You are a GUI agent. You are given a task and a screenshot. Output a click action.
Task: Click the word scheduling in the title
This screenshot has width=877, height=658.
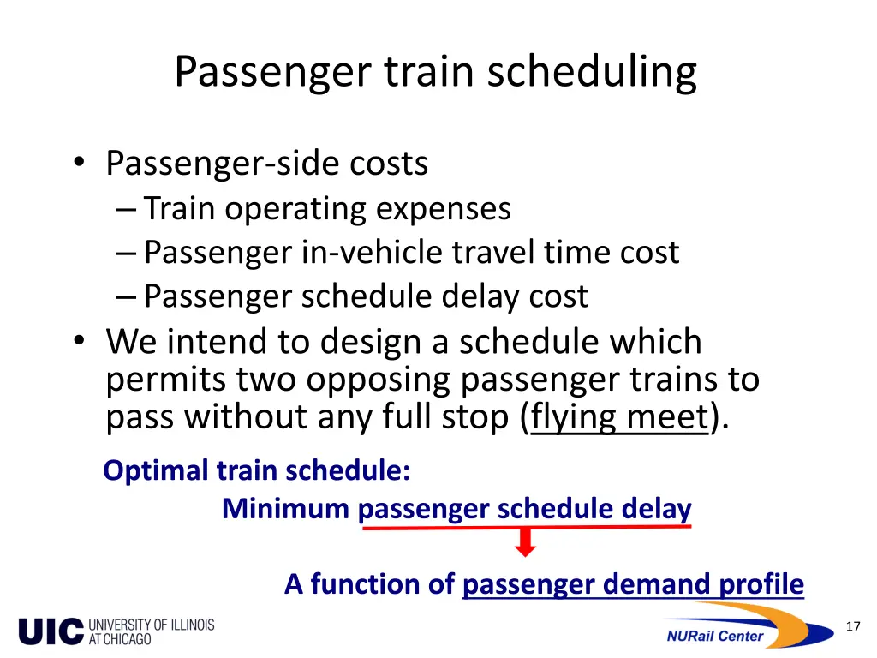pyautogui.click(x=592, y=73)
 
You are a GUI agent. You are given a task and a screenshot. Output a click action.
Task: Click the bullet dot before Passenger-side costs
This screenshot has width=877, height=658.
pyautogui.click(x=80, y=163)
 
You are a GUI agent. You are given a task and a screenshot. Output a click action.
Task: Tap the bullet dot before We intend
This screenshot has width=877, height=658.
pyautogui.click(x=80, y=342)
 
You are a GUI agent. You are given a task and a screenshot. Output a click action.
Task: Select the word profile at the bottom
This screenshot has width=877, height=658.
pyautogui.click(x=761, y=584)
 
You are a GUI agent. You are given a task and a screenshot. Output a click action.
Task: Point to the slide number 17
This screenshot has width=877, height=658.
pyautogui.click(x=852, y=627)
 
